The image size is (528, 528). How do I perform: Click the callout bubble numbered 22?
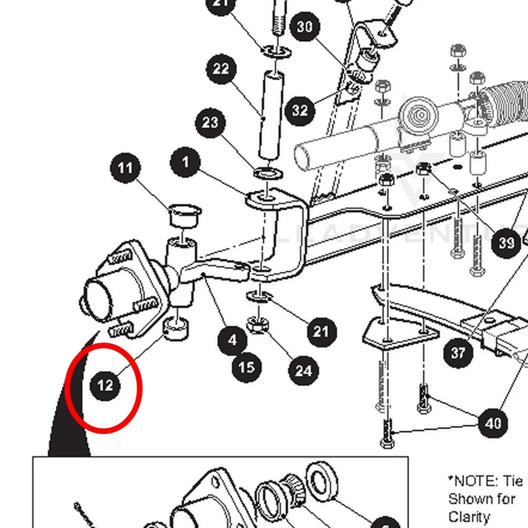click(x=221, y=69)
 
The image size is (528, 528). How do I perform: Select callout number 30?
click(x=305, y=26)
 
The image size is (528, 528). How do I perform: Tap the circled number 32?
click(x=300, y=110)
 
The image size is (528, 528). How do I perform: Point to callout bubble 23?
click(x=210, y=123)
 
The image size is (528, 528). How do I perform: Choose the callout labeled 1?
click(x=185, y=162)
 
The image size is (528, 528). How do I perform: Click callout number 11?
click(x=125, y=169)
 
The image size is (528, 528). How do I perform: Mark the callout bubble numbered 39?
click(x=506, y=243)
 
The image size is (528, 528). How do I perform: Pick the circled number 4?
click(x=233, y=341)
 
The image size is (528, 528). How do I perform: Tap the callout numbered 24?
click(x=303, y=371)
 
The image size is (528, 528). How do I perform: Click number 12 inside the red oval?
click(x=105, y=386)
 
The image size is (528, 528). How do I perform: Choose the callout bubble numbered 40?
click(x=493, y=423)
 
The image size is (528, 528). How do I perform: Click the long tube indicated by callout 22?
click(x=270, y=114)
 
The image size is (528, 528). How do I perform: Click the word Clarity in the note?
click(x=469, y=516)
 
